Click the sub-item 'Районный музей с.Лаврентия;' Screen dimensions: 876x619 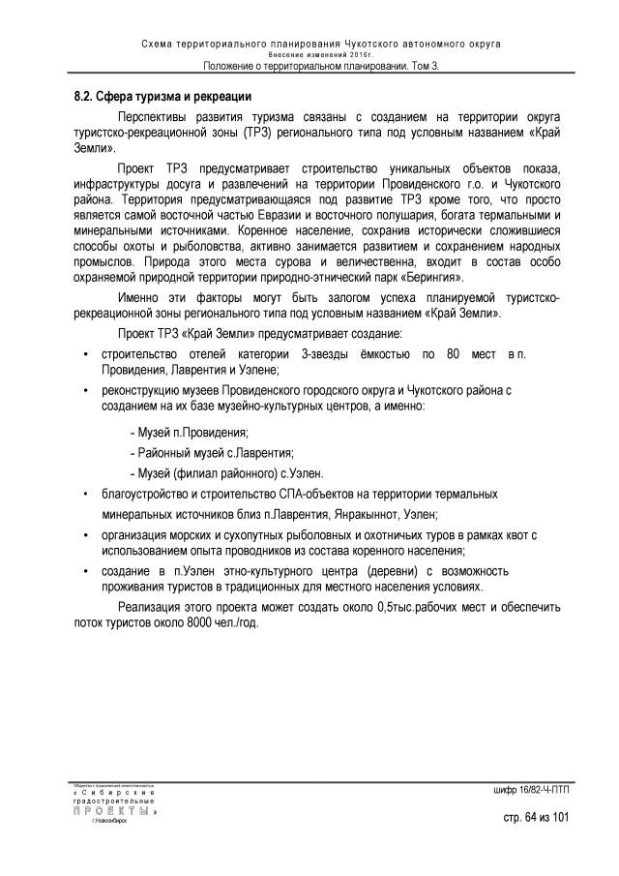click(212, 453)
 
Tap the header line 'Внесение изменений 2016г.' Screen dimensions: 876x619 click(309, 55)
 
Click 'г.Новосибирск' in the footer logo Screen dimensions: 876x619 click(107, 820)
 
